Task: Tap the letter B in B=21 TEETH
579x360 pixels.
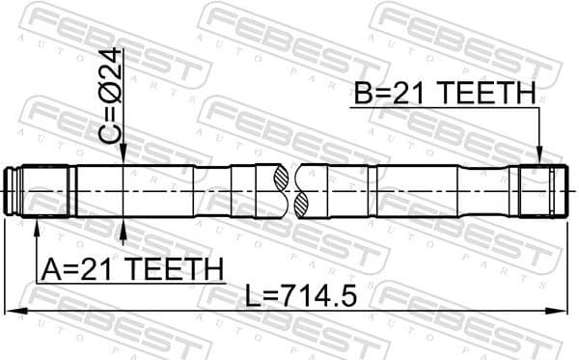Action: click(x=365, y=94)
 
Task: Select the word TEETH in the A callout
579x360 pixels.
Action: click(x=178, y=267)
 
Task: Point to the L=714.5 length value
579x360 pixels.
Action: click(x=303, y=295)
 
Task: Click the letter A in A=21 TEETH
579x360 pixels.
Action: click(x=49, y=267)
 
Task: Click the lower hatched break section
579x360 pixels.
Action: click(x=300, y=204)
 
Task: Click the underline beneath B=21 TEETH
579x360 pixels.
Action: click(x=444, y=107)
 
